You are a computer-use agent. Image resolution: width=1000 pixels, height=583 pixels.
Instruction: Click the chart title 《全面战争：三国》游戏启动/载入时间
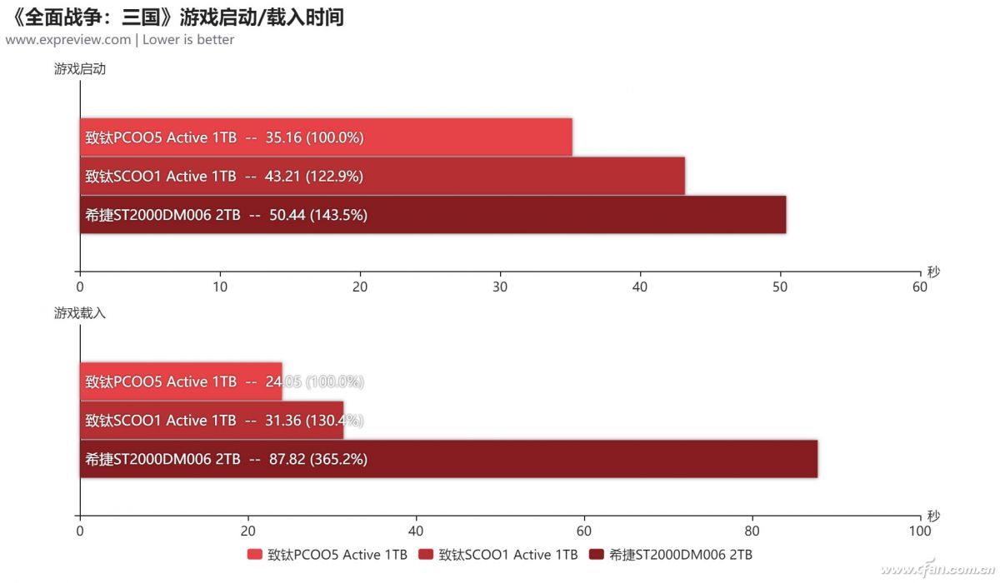[176, 16]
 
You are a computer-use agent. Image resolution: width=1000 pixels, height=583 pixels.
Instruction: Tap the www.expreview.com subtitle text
[68, 39]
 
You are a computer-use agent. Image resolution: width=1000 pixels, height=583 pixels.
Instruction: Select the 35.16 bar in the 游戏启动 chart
[326, 137]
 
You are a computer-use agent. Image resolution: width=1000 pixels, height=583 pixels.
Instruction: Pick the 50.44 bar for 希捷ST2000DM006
[432, 215]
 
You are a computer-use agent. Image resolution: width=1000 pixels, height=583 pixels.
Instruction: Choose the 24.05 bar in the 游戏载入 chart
[181, 381]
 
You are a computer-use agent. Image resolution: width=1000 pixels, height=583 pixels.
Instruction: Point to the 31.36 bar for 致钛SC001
[212, 420]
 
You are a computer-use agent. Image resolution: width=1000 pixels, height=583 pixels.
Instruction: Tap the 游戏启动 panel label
[80, 69]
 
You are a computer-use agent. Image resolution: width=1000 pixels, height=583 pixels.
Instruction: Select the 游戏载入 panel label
[80, 313]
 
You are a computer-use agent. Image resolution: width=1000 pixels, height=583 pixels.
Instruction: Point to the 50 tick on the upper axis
[780, 287]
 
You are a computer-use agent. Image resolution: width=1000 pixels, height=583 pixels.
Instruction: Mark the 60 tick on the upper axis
[920, 287]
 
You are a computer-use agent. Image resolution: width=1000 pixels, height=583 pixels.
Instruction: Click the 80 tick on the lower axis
[752, 531]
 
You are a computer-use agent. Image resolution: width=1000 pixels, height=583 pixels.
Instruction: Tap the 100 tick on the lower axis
[920, 531]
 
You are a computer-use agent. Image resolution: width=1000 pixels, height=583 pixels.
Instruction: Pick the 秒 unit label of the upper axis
[933, 272]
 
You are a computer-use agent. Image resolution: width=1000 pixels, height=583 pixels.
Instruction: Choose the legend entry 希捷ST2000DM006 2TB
[671, 555]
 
